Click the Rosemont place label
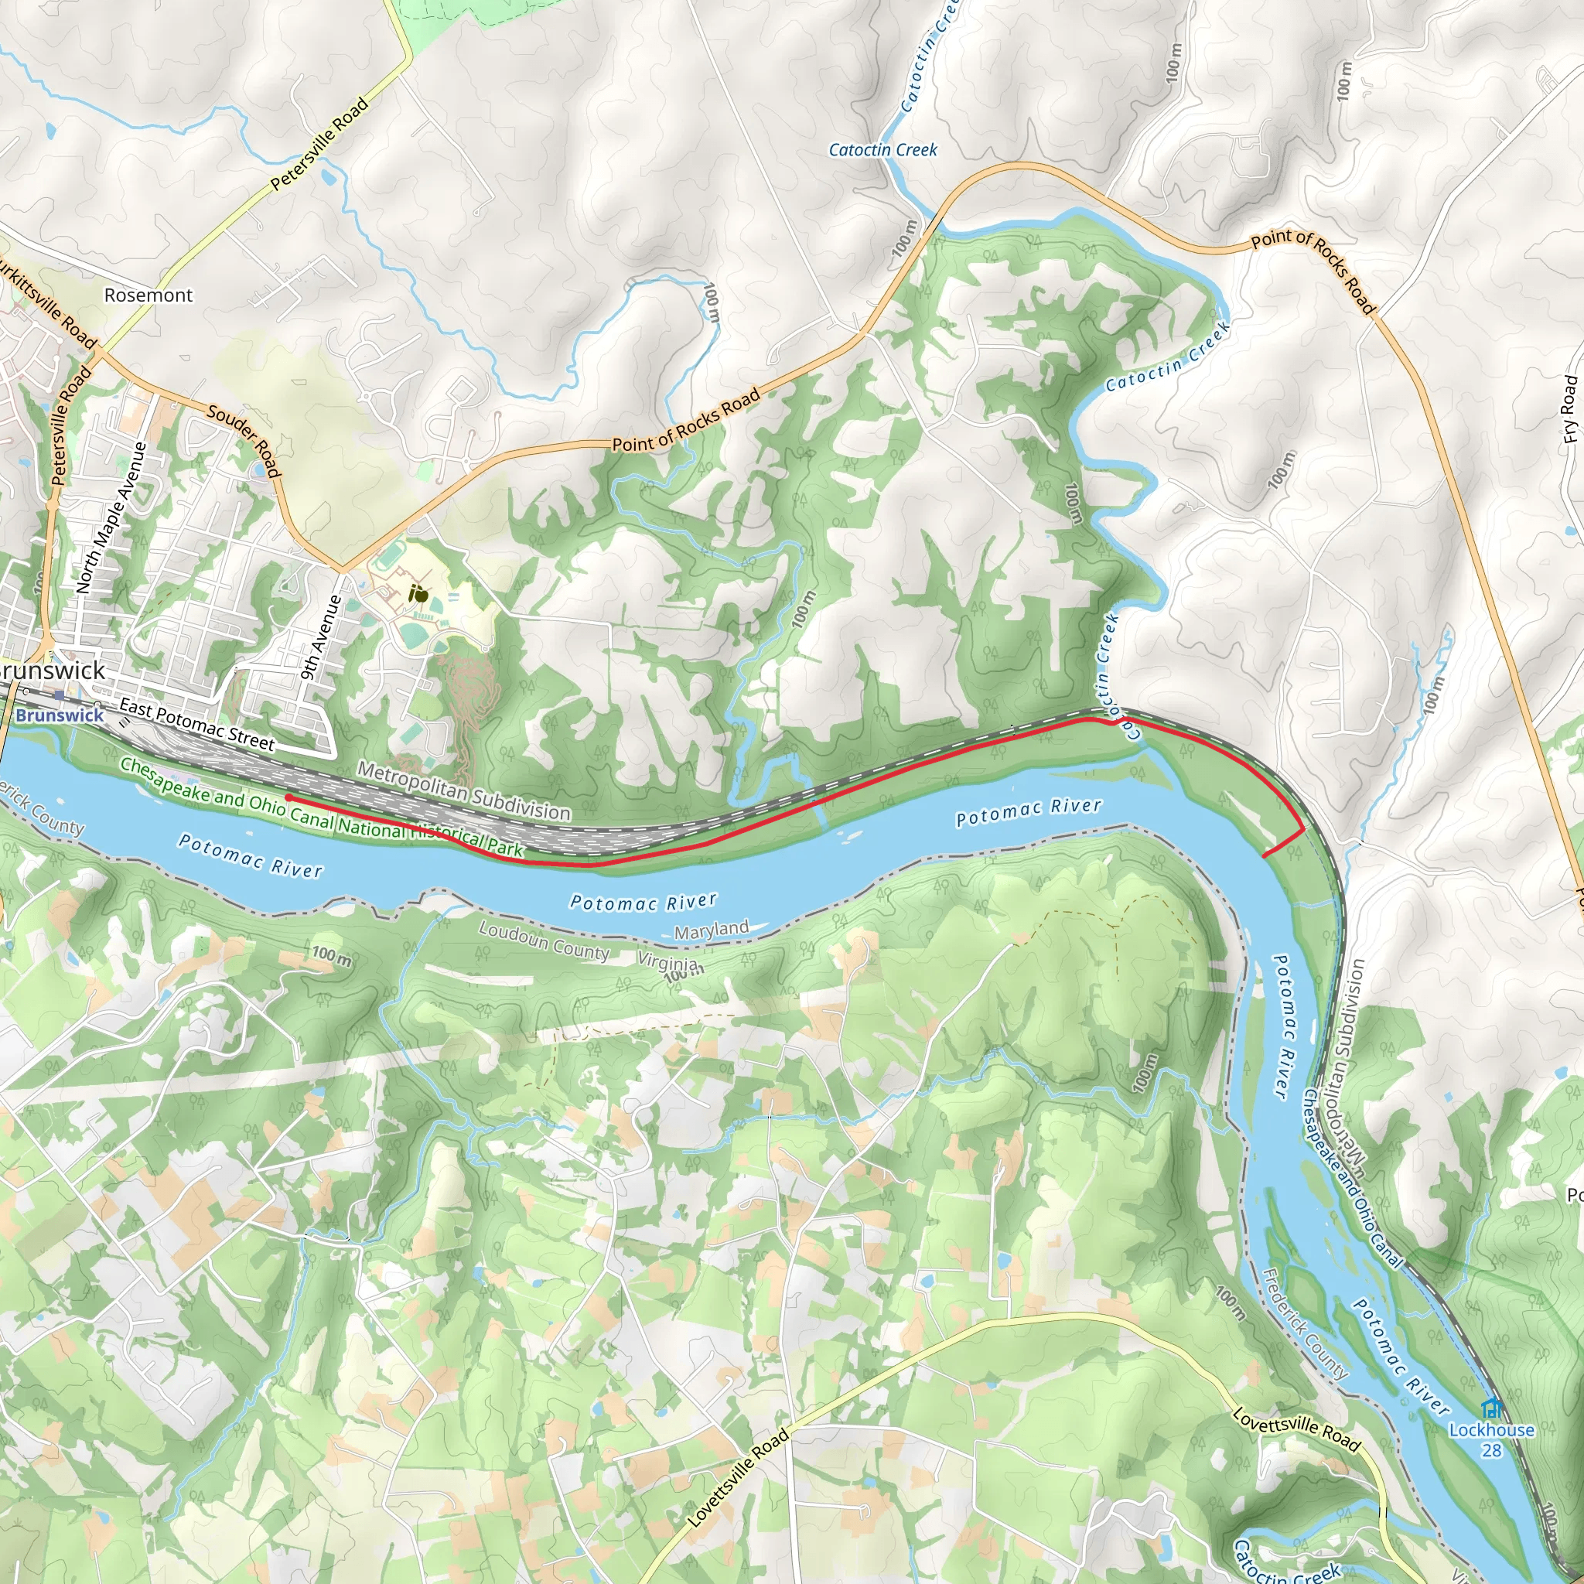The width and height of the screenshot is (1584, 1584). [x=148, y=295]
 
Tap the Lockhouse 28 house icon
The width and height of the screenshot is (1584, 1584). [x=1491, y=1408]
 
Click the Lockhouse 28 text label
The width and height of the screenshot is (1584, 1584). [x=1491, y=1439]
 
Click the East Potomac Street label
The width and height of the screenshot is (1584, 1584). [x=196, y=725]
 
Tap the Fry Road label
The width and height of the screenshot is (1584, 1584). [x=1569, y=409]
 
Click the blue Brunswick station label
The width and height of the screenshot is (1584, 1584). [x=60, y=715]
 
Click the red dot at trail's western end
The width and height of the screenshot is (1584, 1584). [x=288, y=797]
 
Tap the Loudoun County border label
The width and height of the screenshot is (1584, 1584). [x=544, y=940]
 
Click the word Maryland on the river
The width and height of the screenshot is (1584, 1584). [x=712, y=930]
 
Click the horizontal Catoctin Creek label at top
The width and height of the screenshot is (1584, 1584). [x=882, y=150]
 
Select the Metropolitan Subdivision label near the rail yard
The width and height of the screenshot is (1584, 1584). [x=464, y=791]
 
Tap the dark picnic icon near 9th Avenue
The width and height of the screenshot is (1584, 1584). [x=419, y=593]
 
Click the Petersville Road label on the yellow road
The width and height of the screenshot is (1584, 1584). [x=319, y=145]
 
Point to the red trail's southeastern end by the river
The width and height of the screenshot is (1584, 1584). [x=1264, y=856]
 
